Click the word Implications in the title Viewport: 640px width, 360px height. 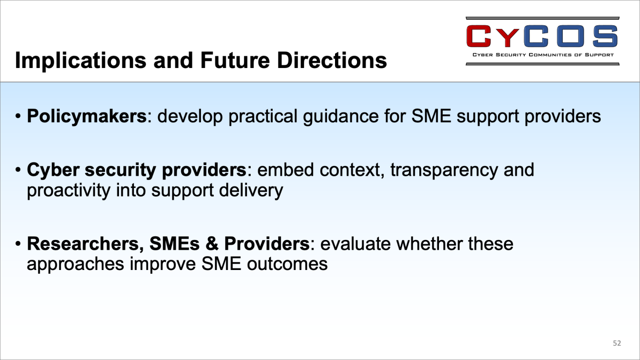tap(81, 60)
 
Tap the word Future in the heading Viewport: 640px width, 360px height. tap(235, 60)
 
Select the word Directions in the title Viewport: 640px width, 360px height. tap(332, 60)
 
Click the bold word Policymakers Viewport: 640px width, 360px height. tap(87, 117)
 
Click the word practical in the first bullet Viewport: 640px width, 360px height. tap(263, 117)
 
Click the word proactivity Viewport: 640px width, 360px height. tap(68, 190)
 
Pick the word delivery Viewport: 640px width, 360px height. tap(251, 190)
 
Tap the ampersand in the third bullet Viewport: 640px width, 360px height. tap(212, 244)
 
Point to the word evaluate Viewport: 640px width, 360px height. tap(355, 244)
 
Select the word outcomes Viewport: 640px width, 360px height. tap(287, 264)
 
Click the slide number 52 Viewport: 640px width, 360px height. tap(617, 343)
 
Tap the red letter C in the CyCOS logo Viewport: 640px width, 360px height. tap(478, 36)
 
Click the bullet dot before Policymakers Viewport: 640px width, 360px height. tap(18, 117)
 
